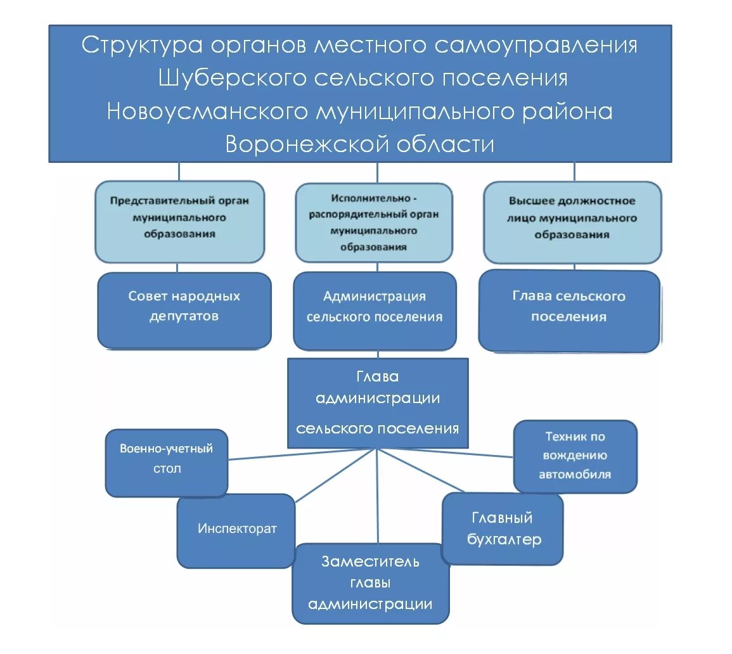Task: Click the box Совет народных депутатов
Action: pyautogui.click(x=184, y=310)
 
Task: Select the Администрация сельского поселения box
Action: pyautogui.click(x=375, y=310)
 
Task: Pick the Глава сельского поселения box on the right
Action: pyautogui.click(x=568, y=310)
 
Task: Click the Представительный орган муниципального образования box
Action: pyautogui.click(x=179, y=221)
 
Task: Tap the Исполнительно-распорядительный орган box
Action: pyautogui.click(x=374, y=222)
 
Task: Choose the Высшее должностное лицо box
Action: pyautogui.click(x=572, y=221)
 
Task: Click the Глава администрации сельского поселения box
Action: pyautogui.click(x=378, y=402)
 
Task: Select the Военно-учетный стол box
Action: pyautogui.click(x=167, y=462)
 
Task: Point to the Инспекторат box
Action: pyautogui.click(x=236, y=530)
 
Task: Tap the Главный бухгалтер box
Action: pyautogui.click(x=503, y=529)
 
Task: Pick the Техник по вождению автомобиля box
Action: pyautogui.click(x=575, y=455)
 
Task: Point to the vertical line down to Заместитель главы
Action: pyautogui.click(x=378, y=501)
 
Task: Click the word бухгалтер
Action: pyautogui.click(x=504, y=540)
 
